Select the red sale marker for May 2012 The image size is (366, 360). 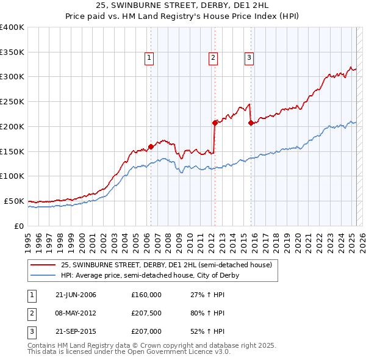[215, 123]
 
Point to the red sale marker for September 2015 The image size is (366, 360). [251, 123]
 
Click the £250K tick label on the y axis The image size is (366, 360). [12, 102]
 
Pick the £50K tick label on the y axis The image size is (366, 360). [13, 201]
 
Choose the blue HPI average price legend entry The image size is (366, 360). [149, 275]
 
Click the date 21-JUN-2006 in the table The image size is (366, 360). [75, 295]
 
